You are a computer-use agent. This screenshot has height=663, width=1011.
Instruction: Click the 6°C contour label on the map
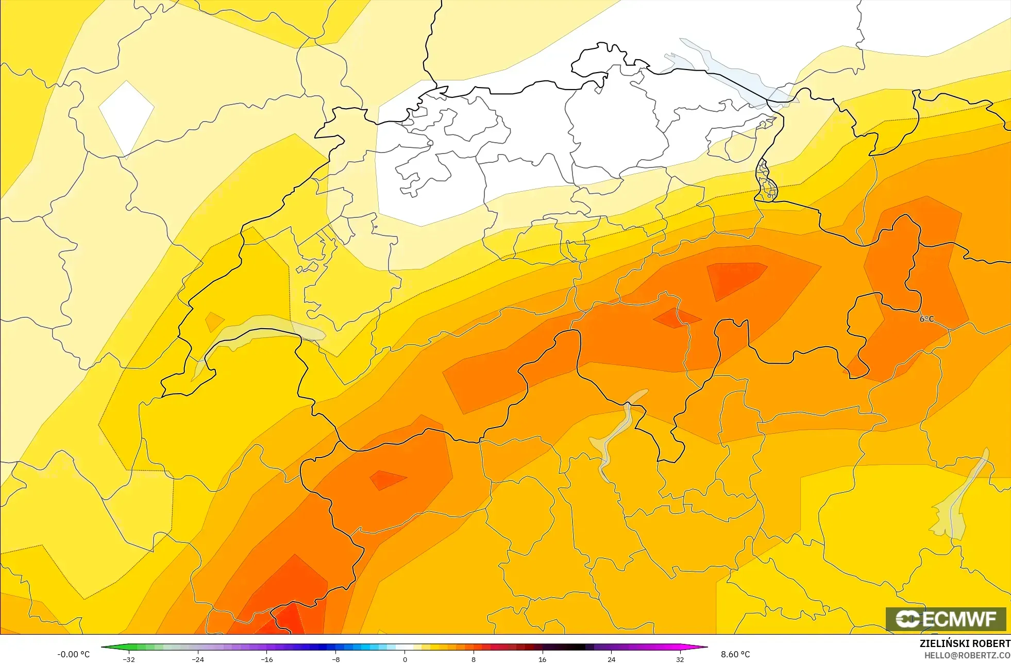pyautogui.click(x=926, y=319)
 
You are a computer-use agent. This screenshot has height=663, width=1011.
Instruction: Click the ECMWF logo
pyautogui.click(x=946, y=619)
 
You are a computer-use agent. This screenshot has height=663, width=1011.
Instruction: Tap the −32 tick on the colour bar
pyautogui.click(x=128, y=659)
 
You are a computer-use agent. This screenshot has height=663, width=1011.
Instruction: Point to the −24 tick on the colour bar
pyautogui.click(x=198, y=659)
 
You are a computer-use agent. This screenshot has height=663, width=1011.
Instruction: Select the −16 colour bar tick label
pyautogui.click(x=267, y=659)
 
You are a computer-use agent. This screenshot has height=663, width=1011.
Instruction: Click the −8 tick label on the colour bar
pyautogui.click(x=335, y=659)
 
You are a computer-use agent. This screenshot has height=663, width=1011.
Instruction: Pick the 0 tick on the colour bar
pyautogui.click(x=405, y=659)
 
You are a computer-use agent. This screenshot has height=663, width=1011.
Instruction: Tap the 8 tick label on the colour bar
pyautogui.click(x=474, y=659)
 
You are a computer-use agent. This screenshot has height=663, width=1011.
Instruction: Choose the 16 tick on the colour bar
pyautogui.click(x=542, y=659)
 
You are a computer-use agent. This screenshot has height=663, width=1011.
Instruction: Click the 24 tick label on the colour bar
pyautogui.click(x=611, y=659)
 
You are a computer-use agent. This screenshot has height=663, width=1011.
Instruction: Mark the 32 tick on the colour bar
pyautogui.click(x=680, y=659)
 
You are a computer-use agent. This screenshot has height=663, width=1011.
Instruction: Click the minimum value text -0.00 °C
pyautogui.click(x=73, y=654)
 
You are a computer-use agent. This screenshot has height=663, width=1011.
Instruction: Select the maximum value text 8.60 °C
pyautogui.click(x=735, y=654)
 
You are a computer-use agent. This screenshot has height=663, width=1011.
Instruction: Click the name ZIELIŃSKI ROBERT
pyautogui.click(x=965, y=643)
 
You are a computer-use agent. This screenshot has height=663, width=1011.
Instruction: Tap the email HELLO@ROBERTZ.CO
pyautogui.click(x=967, y=655)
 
